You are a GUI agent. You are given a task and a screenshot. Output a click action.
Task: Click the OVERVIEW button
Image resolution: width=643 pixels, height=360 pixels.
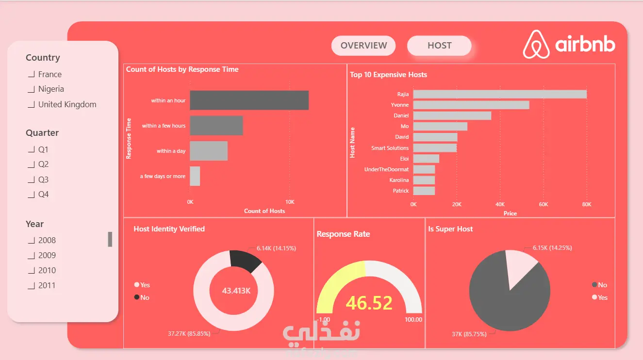[363, 46]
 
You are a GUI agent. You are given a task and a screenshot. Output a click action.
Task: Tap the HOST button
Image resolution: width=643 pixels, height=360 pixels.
[439, 46]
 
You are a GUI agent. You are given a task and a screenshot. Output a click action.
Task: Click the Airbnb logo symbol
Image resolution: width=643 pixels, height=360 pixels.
[536, 44]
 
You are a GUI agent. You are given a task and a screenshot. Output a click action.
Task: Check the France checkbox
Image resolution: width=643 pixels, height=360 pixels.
[31, 74]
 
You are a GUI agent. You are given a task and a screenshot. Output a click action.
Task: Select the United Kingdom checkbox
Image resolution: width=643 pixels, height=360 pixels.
[31, 104]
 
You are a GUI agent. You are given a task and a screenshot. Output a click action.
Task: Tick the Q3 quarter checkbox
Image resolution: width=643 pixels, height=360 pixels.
[31, 180]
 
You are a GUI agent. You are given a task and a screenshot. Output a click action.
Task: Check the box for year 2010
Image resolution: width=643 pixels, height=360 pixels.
[31, 270]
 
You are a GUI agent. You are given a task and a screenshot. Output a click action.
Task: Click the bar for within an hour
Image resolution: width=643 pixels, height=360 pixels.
[249, 100]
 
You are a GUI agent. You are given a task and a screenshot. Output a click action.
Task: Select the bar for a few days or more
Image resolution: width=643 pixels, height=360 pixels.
[195, 176]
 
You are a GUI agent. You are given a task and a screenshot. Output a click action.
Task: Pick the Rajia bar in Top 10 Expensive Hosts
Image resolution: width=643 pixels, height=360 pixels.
[500, 94]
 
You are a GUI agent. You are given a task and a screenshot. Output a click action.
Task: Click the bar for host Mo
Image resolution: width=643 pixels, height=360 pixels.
[440, 126]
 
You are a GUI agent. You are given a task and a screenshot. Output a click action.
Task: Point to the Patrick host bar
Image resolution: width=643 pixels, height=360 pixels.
[424, 191]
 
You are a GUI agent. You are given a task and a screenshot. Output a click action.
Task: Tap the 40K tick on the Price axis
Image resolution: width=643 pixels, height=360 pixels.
[500, 204]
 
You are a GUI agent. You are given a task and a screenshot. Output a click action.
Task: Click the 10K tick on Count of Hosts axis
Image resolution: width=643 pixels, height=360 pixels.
[290, 202]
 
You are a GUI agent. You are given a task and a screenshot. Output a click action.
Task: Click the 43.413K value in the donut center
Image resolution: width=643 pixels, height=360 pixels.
[236, 291]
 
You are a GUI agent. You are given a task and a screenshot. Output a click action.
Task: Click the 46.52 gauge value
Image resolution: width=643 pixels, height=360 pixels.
[369, 303]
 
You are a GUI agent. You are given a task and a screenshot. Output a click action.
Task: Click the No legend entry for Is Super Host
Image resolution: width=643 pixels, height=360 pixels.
[599, 285]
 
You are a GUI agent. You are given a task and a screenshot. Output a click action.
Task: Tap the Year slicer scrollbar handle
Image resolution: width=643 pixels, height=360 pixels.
[110, 239]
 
